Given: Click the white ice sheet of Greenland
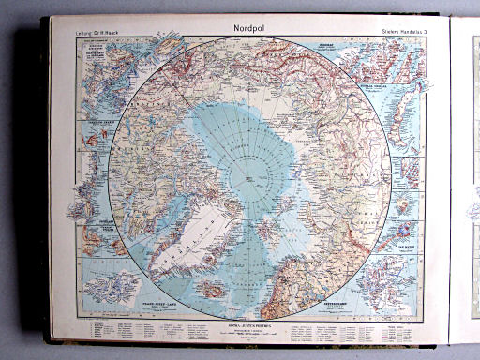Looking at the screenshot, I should [x=192, y=234].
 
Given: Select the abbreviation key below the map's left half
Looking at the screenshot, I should [x=141, y=329].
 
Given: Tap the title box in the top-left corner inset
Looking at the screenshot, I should [x=95, y=41].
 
